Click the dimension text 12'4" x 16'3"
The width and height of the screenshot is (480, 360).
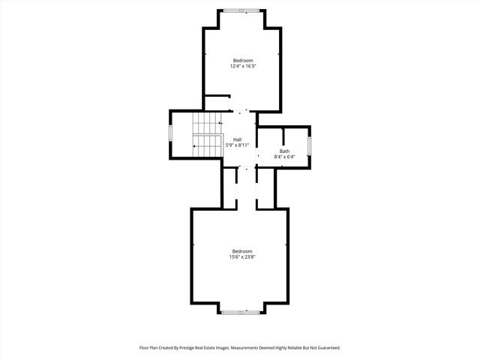click(x=242, y=66)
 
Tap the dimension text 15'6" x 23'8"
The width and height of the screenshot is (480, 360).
click(x=242, y=257)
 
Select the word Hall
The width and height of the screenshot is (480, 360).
click(x=237, y=139)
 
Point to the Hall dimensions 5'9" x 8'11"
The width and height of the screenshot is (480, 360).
click(x=237, y=145)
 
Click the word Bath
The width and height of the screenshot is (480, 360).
click(x=284, y=151)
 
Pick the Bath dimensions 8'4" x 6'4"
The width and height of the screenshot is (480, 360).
click(x=284, y=157)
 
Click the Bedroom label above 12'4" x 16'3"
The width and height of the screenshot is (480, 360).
click(x=242, y=60)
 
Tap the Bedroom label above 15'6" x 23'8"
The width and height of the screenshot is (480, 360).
click(x=242, y=251)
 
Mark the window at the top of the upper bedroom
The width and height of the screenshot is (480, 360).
click(x=242, y=10)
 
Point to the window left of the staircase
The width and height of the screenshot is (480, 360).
click(x=170, y=134)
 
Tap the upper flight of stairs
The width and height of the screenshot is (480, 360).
click(x=208, y=122)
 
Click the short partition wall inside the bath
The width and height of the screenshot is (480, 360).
click(x=283, y=136)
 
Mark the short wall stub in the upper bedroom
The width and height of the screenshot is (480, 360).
click(x=217, y=95)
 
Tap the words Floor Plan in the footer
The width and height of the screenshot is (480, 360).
click(x=150, y=348)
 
